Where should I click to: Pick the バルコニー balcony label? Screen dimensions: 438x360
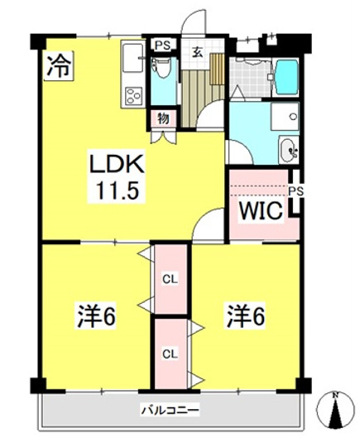point(170,409)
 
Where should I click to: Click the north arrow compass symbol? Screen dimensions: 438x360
point(335,409)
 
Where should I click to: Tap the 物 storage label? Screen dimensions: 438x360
point(163,118)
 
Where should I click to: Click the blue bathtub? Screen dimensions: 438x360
point(286,77)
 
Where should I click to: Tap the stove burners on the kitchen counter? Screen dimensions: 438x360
point(132,96)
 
